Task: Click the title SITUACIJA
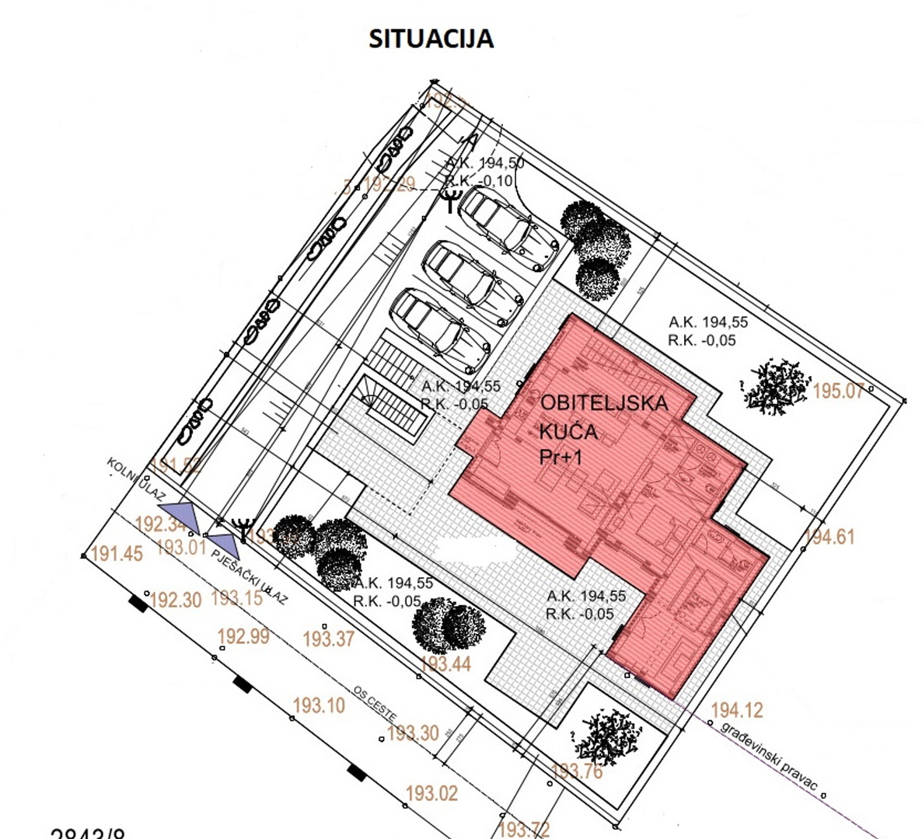[x=431, y=39]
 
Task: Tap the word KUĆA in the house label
[x=568, y=431]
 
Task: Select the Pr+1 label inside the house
[x=561, y=457]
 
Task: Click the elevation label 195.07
[x=837, y=391]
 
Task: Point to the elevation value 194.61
[x=829, y=536]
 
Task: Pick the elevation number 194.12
[x=736, y=710]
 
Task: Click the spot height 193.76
[x=576, y=771]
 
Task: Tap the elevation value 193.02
[x=431, y=794]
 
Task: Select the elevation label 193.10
[x=318, y=705]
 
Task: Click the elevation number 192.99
[x=243, y=636]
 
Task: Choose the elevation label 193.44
[x=445, y=664]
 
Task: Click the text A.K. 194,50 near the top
[x=484, y=164]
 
